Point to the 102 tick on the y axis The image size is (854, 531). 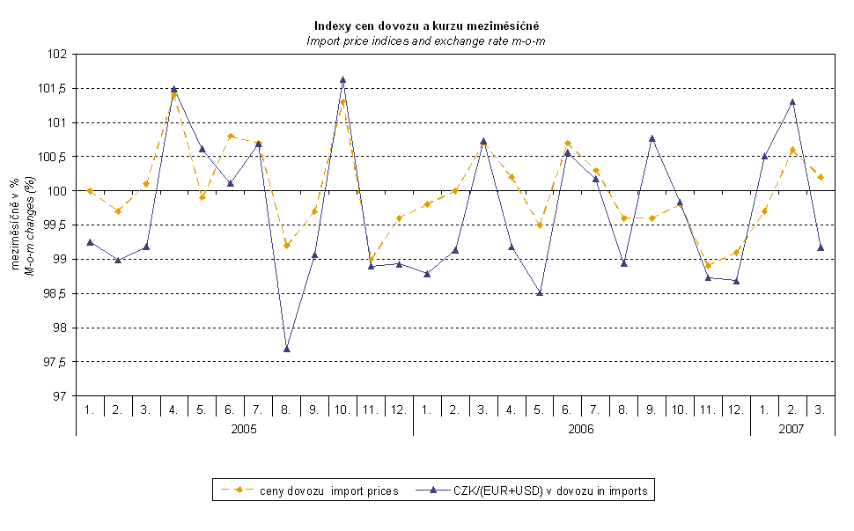(58, 55)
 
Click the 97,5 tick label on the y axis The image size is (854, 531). (55, 362)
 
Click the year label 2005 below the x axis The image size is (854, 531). (245, 429)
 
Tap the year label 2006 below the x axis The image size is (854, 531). (581, 429)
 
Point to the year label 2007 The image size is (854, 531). (792, 429)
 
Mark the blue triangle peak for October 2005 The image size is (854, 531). (342, 80)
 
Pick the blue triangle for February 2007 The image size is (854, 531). (792, 102)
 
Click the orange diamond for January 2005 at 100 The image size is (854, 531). (90, 191)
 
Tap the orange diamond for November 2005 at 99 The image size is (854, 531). (371, 260)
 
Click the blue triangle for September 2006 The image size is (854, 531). (652, 138)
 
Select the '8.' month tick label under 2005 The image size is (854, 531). (287, 409)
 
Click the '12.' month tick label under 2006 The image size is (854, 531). (736, 409)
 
